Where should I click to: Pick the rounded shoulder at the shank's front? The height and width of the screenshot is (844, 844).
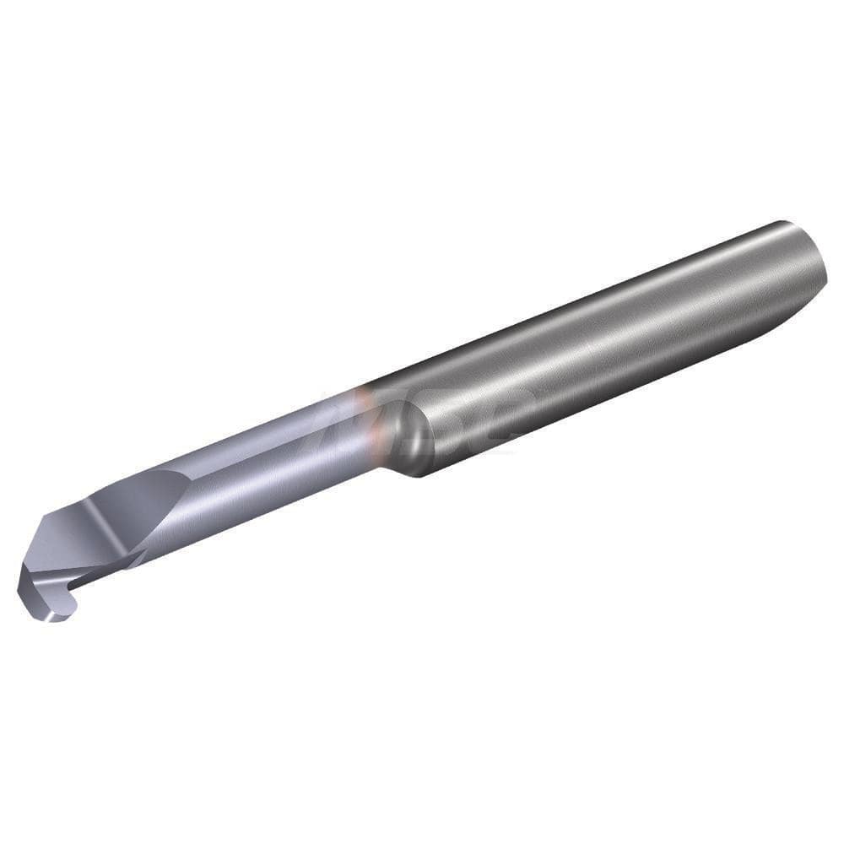pyautogui.click(x=414, y=439)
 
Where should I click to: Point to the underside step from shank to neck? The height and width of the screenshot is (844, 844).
pyautogui.click(x=397, y=468)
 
